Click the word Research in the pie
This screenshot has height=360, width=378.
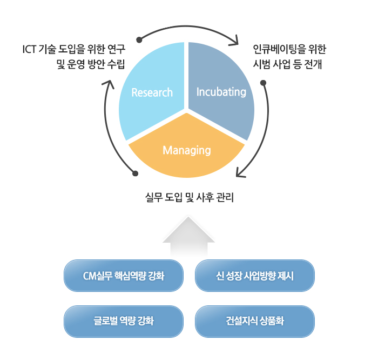click(x=152, y=92)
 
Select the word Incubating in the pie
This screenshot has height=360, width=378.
click(x=221, y=92)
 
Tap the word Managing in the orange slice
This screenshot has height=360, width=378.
click(x=187, y=150)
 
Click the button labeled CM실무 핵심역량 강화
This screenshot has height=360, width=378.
click(x=124, y=276)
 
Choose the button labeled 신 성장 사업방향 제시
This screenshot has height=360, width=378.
click(x=255, y=276)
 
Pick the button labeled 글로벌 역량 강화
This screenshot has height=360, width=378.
click(x=124, y=322)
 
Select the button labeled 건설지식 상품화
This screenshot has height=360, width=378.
click(x=255, y=322)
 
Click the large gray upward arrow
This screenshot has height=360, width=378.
click(x=188, y=236)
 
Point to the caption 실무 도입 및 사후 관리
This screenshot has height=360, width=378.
click(x=190, y=197)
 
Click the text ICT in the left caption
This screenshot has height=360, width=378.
click(x=29, y=49)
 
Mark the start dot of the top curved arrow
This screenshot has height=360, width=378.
click(x=139, y=40)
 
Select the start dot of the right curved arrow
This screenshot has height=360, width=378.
click(x=264, y=83)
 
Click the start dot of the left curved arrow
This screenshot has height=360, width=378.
click(x=135, y=174)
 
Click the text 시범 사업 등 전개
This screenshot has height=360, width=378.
click(x=287, y=64)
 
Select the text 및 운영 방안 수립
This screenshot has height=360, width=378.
click(x=91, y=64)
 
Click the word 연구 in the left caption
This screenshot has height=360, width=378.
click(x=117, y=49)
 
